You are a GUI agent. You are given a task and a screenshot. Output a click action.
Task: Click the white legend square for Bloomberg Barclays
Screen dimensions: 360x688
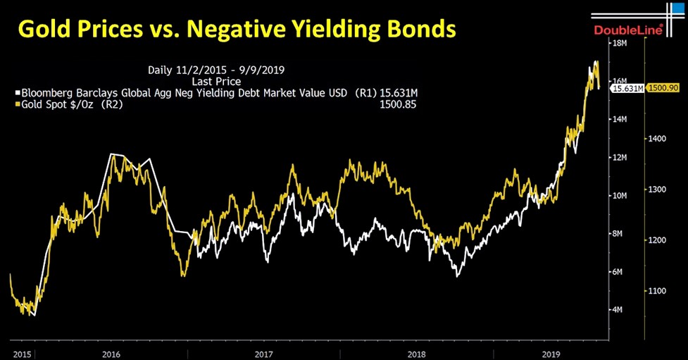tap(18, 92)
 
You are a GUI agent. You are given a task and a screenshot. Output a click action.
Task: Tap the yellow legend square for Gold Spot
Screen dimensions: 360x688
tap(18, 104)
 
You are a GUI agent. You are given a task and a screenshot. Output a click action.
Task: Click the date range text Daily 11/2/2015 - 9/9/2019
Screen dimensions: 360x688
tap(211, 70)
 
